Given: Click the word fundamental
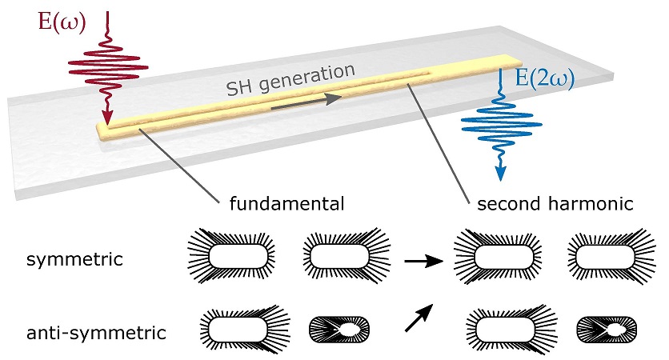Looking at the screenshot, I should pyautogui.click(x=286, y=203).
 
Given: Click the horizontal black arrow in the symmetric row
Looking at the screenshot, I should pyautogui.click(x=421, y=261).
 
